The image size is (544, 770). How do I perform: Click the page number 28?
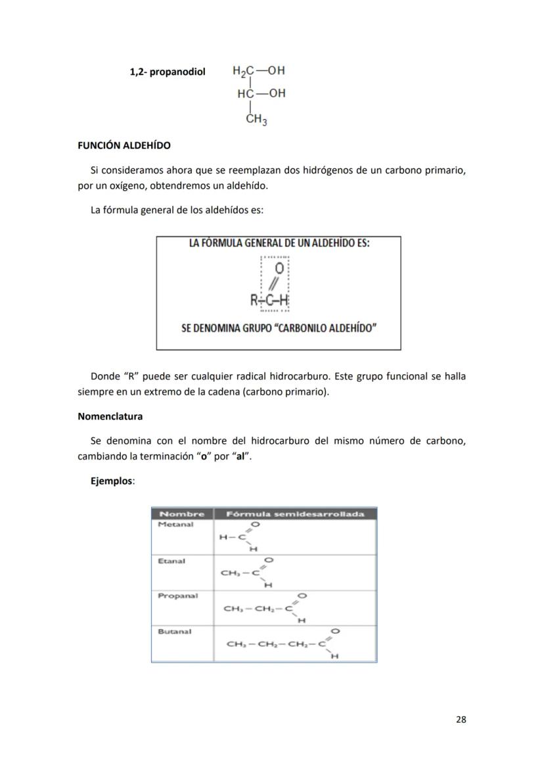click(461, 719)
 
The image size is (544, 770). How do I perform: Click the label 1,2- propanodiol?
click(168, 71)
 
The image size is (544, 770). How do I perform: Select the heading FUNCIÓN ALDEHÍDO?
click(124, 145)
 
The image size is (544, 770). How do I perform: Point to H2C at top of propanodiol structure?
click(244, 71)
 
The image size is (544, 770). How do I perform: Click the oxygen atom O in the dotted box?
click(279, 269)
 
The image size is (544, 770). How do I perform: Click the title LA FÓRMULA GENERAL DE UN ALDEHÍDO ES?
click(279, 243)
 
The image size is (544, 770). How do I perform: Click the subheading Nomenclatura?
click(110, 416)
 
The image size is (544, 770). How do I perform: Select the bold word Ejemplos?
click(112, 481)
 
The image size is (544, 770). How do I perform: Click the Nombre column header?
click(182, 514)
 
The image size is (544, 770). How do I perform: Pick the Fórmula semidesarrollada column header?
click(295, 514)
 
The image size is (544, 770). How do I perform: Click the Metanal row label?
click(175, 525)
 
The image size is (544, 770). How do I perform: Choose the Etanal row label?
click(171, 561)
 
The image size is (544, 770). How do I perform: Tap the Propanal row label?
click(177, 596)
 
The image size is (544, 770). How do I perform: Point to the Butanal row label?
click(174, 631)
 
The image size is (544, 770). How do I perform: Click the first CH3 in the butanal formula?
click(235, 644)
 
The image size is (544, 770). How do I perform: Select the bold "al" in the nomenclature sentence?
click(243, 456)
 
